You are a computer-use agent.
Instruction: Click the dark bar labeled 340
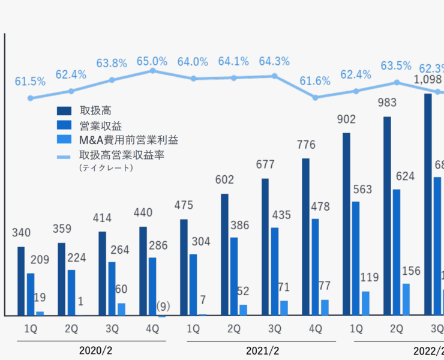21,281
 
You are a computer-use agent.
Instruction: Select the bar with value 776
305,237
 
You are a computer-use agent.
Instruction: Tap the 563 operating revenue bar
356,258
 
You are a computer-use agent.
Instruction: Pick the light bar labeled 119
365,303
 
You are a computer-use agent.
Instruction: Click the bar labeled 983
387,216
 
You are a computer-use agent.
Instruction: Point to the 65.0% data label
152,61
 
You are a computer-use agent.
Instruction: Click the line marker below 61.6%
316,97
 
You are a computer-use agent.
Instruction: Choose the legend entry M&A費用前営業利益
128,140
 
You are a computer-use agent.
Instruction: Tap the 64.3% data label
274,61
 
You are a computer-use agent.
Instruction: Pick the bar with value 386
234,276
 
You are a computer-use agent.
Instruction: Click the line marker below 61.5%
31,98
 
